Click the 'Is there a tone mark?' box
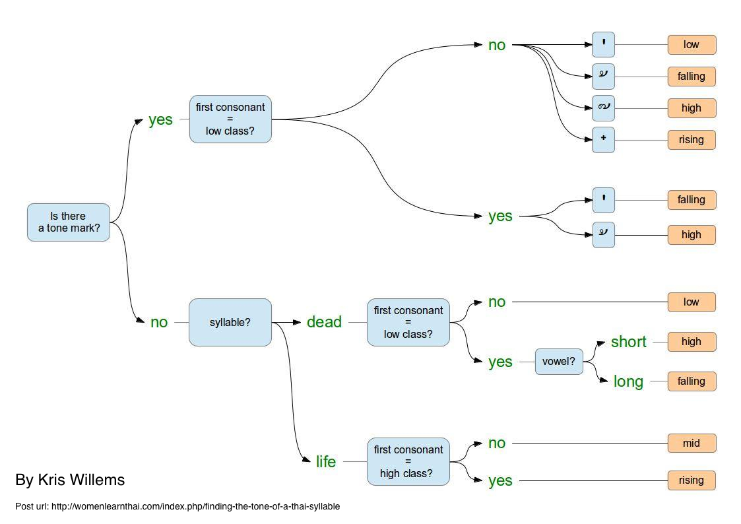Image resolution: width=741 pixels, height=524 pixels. (69, 222)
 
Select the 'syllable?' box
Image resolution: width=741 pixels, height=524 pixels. (230, 322)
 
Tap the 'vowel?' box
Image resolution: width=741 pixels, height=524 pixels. (559, 362)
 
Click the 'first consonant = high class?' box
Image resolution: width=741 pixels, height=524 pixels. (408, 461)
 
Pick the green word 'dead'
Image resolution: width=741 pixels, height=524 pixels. (324, 322)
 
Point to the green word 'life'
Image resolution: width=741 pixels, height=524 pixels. (326, 461)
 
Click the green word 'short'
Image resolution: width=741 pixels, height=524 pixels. (629, 341)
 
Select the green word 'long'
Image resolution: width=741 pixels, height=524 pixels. (629, 381)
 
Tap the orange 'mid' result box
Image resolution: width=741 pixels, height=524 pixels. (692, 443)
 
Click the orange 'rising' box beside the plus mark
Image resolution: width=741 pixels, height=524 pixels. (692, 140)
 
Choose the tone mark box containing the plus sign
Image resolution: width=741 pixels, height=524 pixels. (604, 140)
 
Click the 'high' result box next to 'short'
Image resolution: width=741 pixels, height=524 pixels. (692, 342)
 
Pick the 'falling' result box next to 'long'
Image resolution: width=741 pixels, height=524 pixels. (692, 381)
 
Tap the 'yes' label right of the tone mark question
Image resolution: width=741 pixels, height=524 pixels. (161, 119)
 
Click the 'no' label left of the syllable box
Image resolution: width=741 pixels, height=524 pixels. (159, 322)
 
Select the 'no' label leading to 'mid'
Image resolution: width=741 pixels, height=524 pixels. (497, 443)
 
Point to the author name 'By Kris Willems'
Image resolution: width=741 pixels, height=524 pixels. (70, 480)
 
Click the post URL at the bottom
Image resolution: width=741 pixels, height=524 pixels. (177, 507)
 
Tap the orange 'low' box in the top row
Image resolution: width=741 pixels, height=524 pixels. (692, 45)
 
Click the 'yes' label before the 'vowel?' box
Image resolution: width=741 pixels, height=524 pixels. (500, 362)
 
